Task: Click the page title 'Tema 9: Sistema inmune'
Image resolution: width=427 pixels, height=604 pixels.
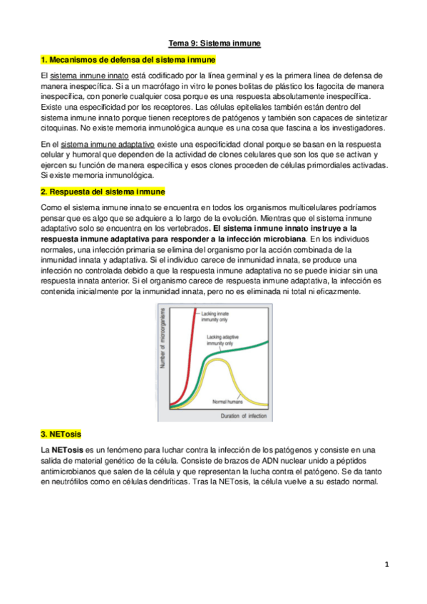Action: click(214, 44)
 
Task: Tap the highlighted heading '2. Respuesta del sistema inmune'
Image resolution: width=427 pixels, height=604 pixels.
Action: click(103, 192)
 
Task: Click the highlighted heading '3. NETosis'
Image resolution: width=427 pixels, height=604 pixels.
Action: click(61, 434)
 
